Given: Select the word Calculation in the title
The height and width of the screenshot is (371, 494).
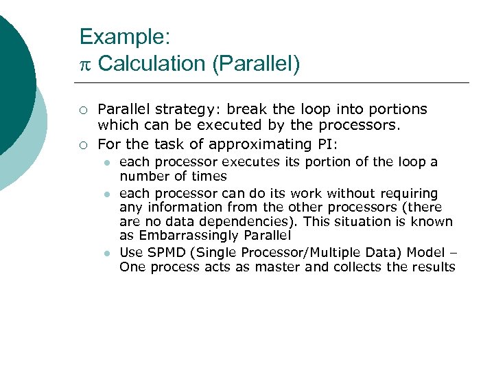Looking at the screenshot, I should point(152,64).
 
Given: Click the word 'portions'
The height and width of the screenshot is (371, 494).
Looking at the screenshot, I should point(399,109).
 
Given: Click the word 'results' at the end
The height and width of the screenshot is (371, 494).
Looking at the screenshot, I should point(433,267).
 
